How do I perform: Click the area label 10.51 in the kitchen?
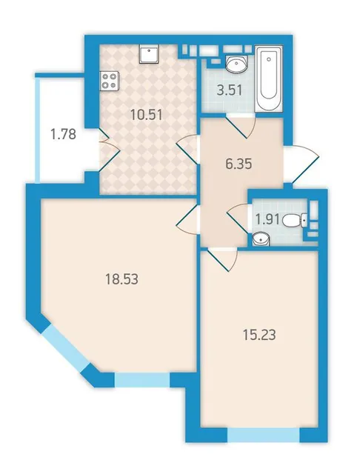tap(147, 115)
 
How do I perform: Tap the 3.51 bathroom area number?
tap(230, 90)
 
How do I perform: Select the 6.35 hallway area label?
tap(239, 164)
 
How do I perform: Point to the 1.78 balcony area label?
tap(63, 134)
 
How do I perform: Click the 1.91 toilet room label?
tap(267, 219)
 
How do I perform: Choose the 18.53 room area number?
tap(121, 279)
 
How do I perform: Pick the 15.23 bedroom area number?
tap(259, 335)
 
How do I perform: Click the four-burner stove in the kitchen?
tap(109, 81)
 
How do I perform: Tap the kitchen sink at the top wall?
tap(149, 54)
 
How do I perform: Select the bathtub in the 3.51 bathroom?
tap(269, 79)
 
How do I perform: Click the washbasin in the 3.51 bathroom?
tap(237, 64)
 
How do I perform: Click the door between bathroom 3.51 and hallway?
tap(241, 125)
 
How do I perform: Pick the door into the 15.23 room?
tap(222, 258)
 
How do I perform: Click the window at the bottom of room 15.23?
tap(263, 435)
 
